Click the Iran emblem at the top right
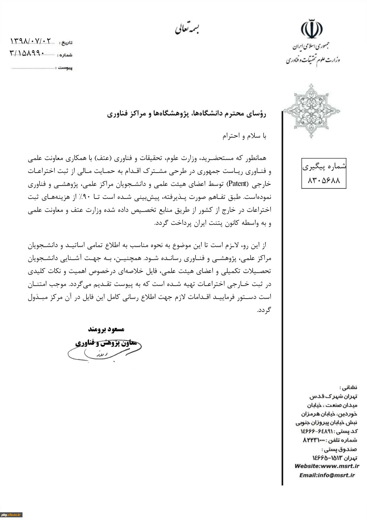(312, 29)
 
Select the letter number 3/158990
(27, 53)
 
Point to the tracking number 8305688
(324, 180)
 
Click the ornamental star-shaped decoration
(311, 111)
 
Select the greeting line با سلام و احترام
(244, 136)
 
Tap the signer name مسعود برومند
(106, 329)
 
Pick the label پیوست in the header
(65, 68)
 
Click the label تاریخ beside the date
(66, 43)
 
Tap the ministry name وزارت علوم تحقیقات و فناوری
(313, 60)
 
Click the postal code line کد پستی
(329, 431)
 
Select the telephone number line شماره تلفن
(330, 440)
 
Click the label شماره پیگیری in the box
(324, 167)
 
